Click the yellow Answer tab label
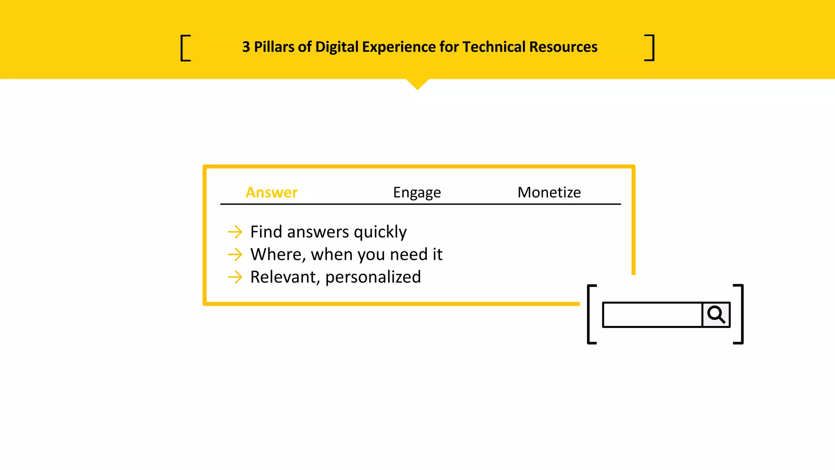272,192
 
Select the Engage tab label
417,192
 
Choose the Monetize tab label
549,192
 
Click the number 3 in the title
246,47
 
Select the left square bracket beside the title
185,48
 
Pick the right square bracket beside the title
650,48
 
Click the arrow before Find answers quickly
235,232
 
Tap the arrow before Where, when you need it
235,255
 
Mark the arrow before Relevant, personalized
235,277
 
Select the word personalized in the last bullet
373,277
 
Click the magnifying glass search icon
716,315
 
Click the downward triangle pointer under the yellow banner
417,83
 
